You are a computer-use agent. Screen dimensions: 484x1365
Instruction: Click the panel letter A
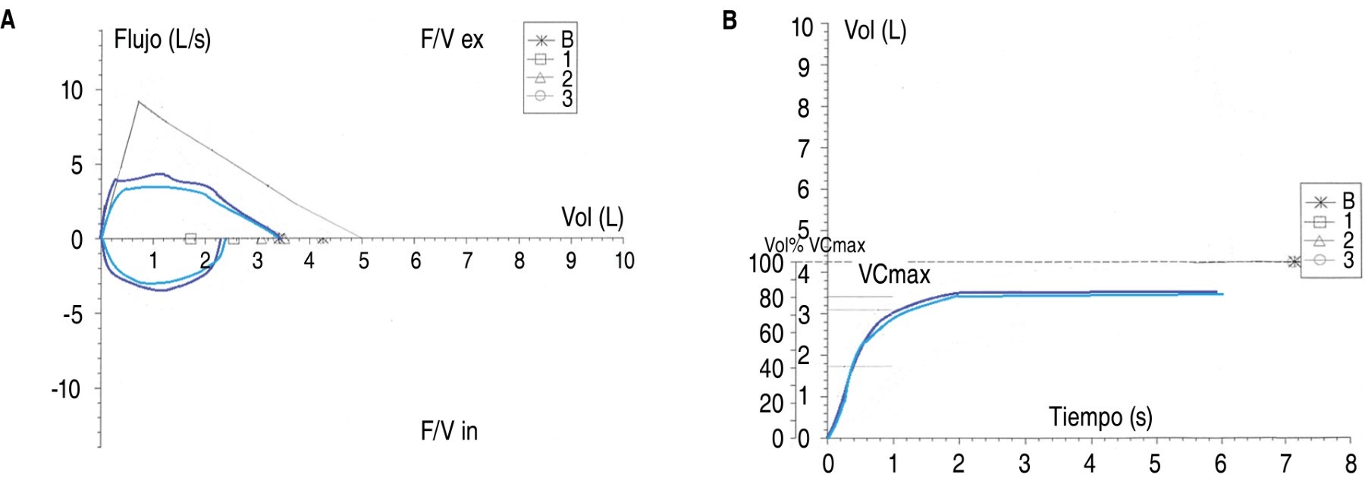tap(8, 20)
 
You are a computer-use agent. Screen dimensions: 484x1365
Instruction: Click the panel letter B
tap(730, 20)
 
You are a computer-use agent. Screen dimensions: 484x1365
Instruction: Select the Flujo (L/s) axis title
tap(162, 39)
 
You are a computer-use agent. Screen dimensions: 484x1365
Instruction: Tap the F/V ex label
tap(452, 39)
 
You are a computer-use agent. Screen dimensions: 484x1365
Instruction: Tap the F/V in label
tap(449, 431)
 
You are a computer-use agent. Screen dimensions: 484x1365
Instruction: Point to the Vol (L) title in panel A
tap(592, 218)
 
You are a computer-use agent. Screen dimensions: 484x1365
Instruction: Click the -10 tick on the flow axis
tap(66, 390)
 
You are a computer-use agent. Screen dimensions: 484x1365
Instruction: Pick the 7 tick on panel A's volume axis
tap(467, 261)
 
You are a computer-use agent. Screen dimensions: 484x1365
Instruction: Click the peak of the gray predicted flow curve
tap(138, 101)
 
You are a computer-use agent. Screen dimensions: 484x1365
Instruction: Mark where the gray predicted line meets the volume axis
tap(360, 238)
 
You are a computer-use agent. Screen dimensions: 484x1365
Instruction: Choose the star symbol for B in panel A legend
tap(541, 40)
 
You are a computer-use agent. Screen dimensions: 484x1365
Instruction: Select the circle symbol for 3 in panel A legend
tap(541, 96)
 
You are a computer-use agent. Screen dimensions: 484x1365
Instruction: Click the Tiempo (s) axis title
tap(1100, 417)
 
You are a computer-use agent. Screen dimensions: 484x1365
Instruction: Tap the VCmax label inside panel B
tap(894, 275)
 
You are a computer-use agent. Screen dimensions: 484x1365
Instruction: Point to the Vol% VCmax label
tap(814, 246)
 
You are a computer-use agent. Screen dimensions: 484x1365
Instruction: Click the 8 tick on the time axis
tap(1351, 463)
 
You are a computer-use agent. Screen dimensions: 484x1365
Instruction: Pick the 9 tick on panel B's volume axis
tap(803, 68)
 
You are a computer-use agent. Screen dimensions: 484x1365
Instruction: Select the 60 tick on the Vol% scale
tap(771, 334)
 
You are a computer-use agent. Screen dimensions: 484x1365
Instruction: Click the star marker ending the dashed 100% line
tap(1294, 262)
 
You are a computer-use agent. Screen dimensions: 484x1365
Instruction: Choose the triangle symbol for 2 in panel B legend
tap(1319, 240)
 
